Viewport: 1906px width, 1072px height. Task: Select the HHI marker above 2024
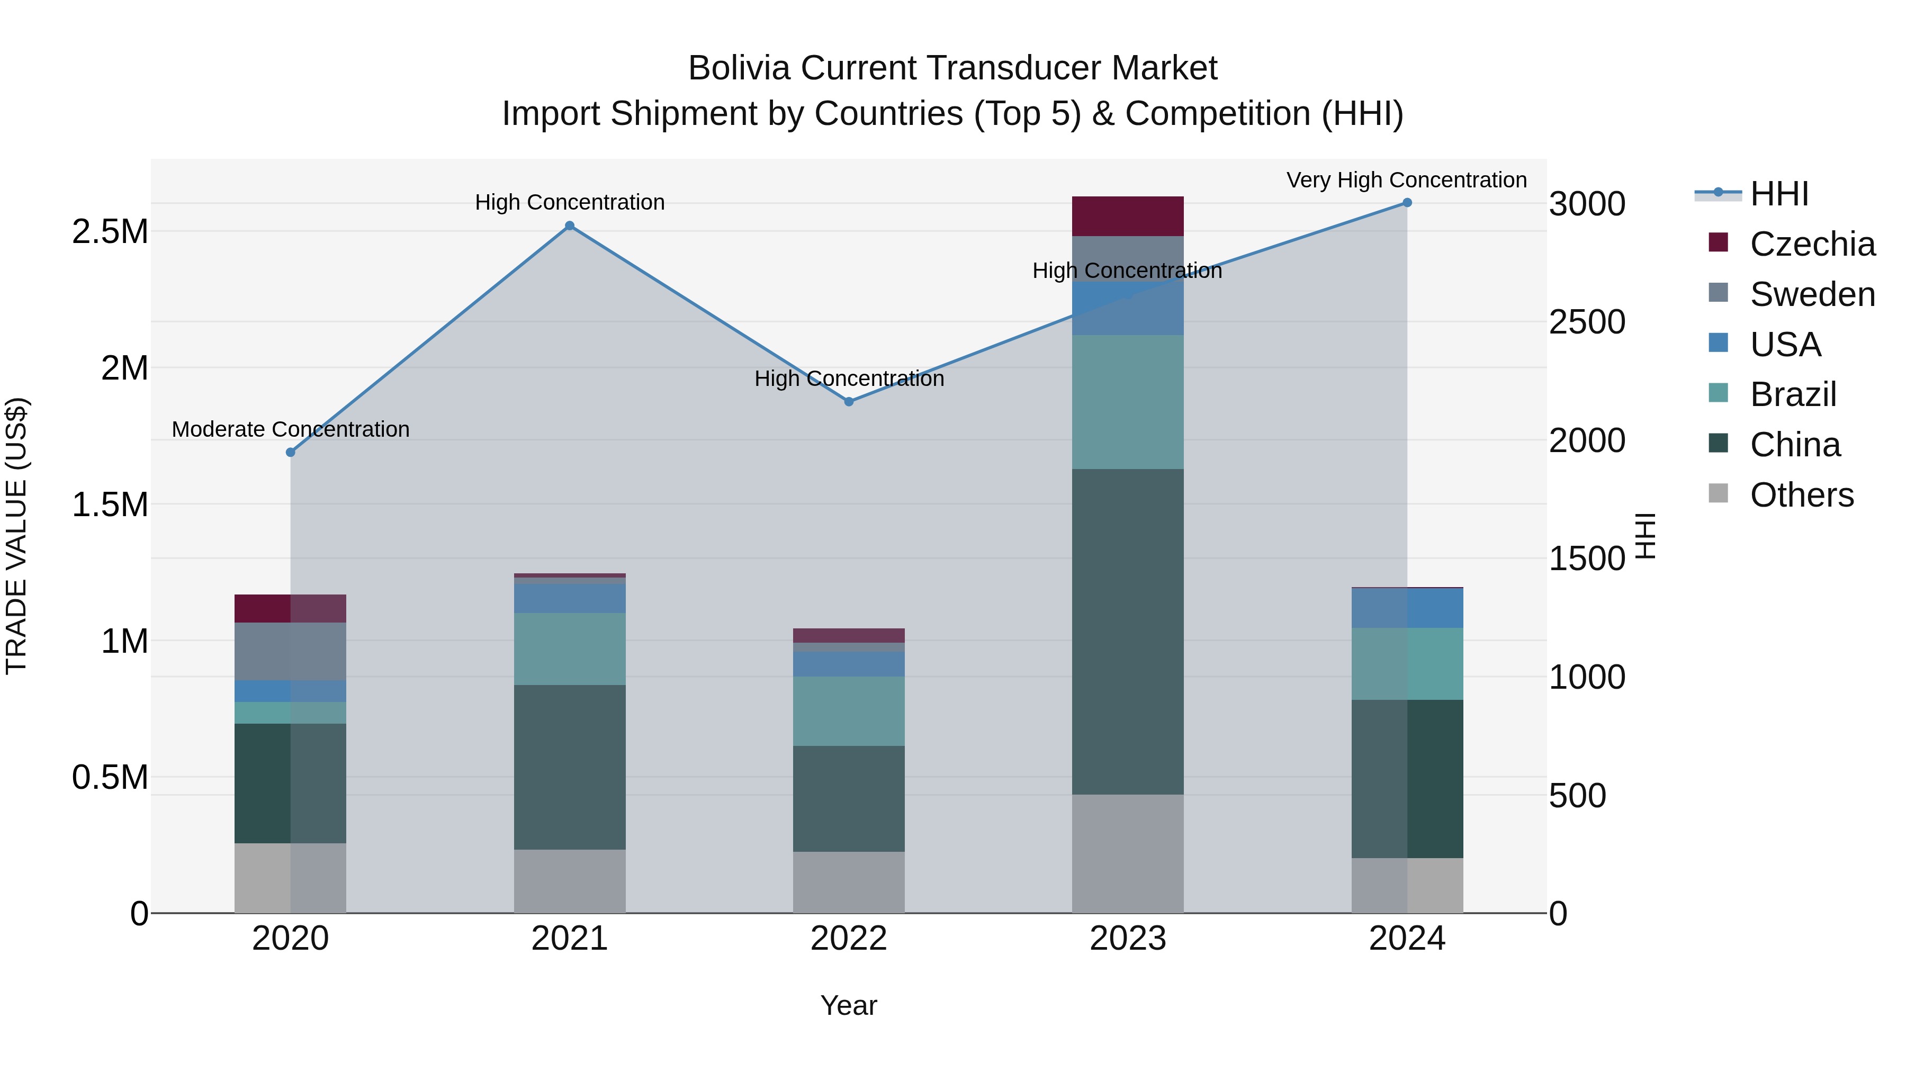[1407, 203]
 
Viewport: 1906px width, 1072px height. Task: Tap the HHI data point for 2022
[849, 402]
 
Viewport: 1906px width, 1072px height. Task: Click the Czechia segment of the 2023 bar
[1128, 216]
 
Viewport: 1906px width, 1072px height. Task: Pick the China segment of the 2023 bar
[1128, 631]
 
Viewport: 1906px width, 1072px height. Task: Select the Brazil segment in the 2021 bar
[569, 649]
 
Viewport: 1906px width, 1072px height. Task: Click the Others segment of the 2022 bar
[849, 882]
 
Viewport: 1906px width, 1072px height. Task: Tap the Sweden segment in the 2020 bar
[290, 651]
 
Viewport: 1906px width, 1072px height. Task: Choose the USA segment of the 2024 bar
[1407, 608]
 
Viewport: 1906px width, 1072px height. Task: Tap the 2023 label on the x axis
[1128, 939]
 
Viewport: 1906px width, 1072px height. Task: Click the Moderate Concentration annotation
[290, 429]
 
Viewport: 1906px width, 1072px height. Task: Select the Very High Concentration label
[1406, 180]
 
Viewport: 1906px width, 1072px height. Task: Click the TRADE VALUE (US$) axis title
[16, 536]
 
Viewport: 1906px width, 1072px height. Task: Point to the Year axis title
[849, 1005]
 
